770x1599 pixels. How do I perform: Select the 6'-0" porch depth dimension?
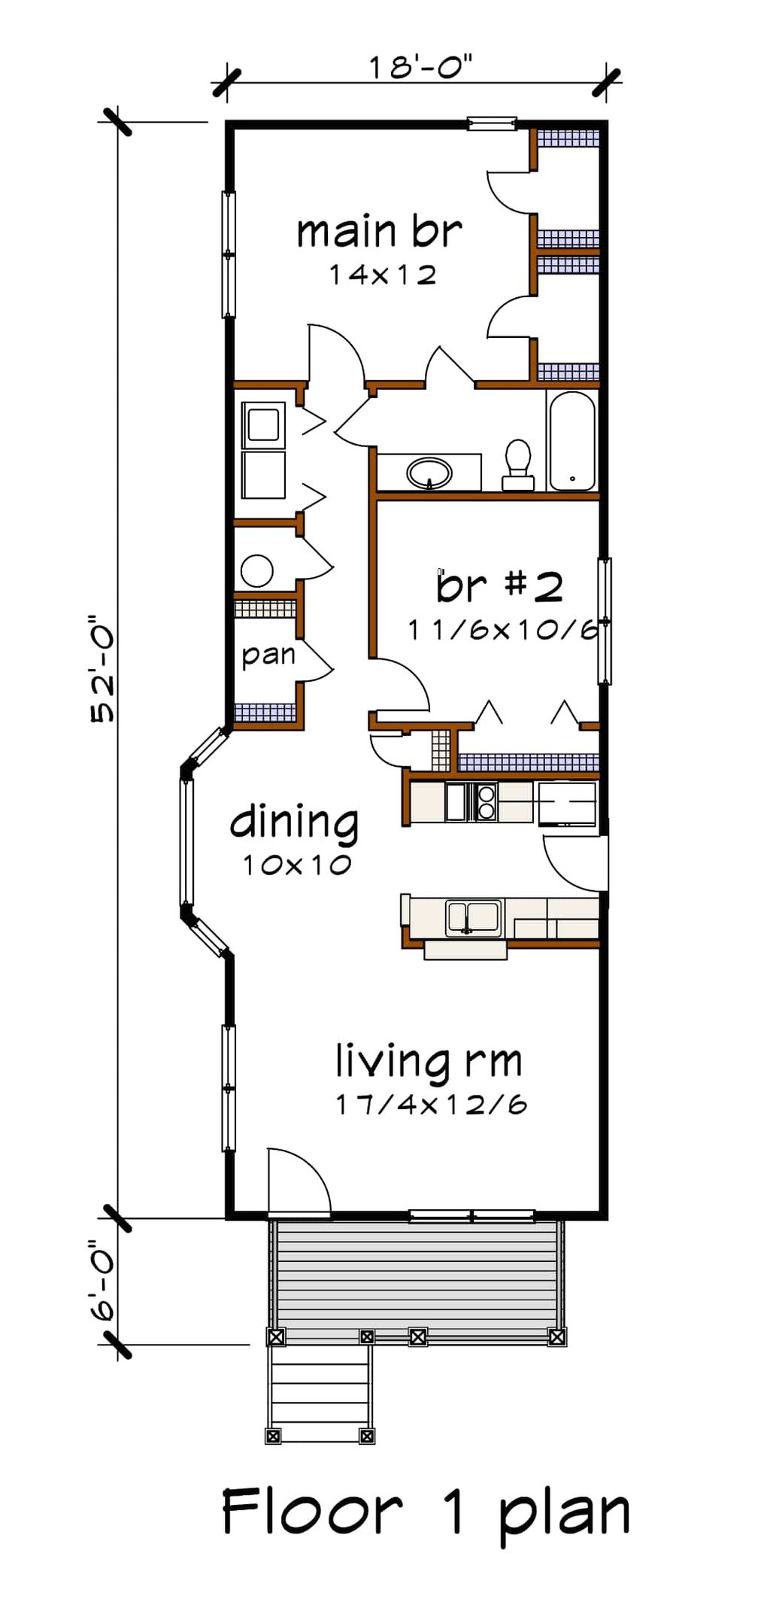pyautogui.click(x=102, y=1281)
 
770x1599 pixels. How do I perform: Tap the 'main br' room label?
pyautogui.click(x=379, y=232)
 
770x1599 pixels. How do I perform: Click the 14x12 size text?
pyautogui.click(x=382, y=275)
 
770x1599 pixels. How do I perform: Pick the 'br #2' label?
pyautogui.click(x=499, y=586)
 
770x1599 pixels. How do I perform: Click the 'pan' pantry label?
pyautogui.click(x=268, y=655)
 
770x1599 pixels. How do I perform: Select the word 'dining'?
pyautogui.click(x=294, y=822)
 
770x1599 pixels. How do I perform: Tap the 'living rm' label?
pyautogui.click(x=429, y=1062)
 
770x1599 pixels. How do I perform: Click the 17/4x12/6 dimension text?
pyautogui.click(x=431, y=1105)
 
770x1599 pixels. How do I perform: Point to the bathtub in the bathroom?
pyautogui.click(x=572, y=441)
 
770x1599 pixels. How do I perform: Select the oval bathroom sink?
pyautogui.click(x=429, y=473)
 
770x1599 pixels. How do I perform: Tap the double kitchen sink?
pyautogui.click(x=474, y=917)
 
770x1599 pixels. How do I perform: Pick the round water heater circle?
pyautogui.click(x=257, y=571)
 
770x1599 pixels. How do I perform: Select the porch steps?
pyautogui.click(x=320, y=1392)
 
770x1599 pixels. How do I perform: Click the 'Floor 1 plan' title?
pyautogui.click(x=426, y=1512)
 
